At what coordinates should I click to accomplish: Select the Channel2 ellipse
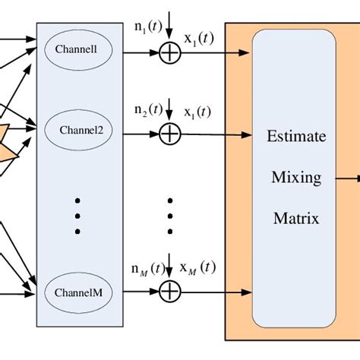coord(84,129)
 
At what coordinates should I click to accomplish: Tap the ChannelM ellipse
coord(84,292)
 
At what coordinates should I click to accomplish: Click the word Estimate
coord(296,137)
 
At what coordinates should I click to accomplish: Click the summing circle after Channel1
coord(169,53)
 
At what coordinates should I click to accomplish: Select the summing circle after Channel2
coord(169,134)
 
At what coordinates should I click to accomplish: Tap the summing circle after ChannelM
coord(169,289)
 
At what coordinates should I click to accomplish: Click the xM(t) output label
coord(197,267)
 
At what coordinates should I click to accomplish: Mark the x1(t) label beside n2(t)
coord(198,112)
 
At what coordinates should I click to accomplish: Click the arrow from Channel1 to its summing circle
coord(141,53)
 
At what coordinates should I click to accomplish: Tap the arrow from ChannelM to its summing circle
coord(141,289)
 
